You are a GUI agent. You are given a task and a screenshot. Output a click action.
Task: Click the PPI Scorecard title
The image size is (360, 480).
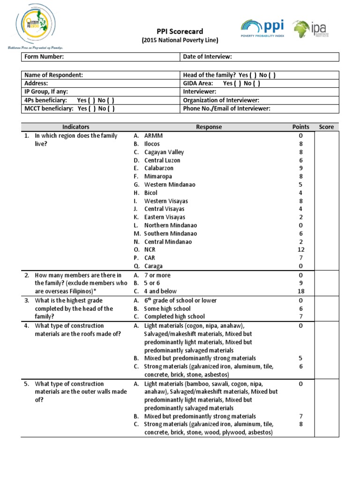180,31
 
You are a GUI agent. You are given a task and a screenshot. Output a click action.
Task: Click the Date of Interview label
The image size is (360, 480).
207,57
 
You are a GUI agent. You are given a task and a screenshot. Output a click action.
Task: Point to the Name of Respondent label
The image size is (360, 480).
53,75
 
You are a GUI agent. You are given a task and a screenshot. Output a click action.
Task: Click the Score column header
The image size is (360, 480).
326,127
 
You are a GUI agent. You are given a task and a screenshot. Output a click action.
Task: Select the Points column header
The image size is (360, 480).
301,127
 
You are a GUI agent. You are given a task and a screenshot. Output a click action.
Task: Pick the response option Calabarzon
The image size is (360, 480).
158,168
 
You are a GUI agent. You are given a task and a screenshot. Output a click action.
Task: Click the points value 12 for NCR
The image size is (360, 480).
301,250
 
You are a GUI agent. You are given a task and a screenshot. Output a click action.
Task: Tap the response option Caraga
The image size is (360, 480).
153,266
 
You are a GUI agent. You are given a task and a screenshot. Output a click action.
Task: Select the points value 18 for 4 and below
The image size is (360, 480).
301,291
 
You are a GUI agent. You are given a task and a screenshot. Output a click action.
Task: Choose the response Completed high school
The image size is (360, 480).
168,317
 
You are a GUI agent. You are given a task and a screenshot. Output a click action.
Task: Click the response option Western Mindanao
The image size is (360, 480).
170,185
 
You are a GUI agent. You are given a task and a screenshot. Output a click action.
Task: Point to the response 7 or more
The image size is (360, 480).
157,275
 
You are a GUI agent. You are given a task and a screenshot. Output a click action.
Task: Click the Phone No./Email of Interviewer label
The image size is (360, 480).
227,109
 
